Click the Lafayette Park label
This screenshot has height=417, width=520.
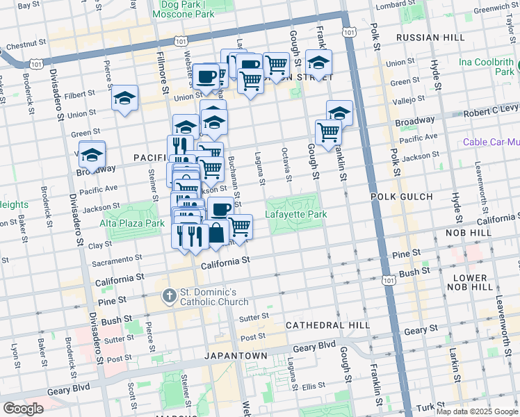click(x=295, y=215)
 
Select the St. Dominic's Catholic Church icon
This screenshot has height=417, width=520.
click(x=169, y=297)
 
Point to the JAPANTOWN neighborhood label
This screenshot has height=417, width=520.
click(x=236, y=355)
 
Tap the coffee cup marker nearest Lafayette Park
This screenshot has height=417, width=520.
click(x=221, y=208)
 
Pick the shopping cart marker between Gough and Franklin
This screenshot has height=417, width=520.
click(x=327, y=131)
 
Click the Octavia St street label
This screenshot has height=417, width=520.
click(x=286, y=164)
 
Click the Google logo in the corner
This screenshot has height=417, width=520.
click(x=23, y=409)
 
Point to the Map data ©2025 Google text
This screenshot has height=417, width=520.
click(x=477, y=411)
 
